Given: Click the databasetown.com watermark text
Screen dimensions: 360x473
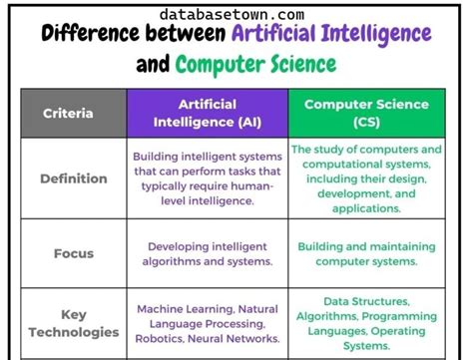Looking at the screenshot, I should [231, 14].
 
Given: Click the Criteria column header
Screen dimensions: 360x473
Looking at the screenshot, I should [68, 113].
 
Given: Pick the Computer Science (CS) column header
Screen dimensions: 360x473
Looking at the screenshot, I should [366, 112].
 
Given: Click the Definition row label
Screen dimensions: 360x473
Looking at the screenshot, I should [73, 180].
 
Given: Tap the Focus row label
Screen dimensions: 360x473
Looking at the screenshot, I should [73, 253].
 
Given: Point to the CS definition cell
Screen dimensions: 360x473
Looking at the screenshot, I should [366, 180].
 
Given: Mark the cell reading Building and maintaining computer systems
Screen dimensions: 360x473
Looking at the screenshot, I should [366, 253].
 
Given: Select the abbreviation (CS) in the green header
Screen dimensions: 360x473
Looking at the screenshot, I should [366, 122].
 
